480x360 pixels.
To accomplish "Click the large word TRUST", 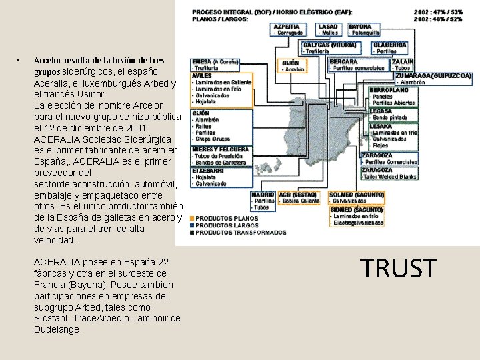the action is [x=398, y=268].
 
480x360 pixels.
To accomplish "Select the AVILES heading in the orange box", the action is [x=201, y=76].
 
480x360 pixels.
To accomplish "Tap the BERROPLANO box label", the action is [x=389, y=89].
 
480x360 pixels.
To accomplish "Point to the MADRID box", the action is [x=263, y=194].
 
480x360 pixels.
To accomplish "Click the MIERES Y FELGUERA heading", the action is [x=221, y=149].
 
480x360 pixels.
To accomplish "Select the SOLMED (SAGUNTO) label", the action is [x=357, y=194].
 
